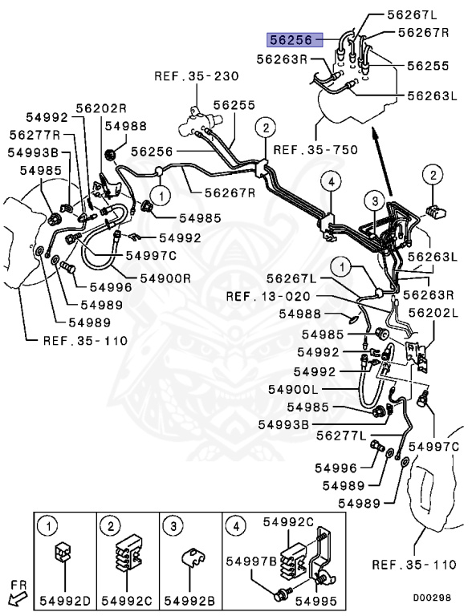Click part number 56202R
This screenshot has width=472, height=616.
coord(102,108)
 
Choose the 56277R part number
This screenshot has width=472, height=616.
coord(35,135)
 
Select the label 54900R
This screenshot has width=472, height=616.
coord(165,278)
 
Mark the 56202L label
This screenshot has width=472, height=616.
coord(433,314)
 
